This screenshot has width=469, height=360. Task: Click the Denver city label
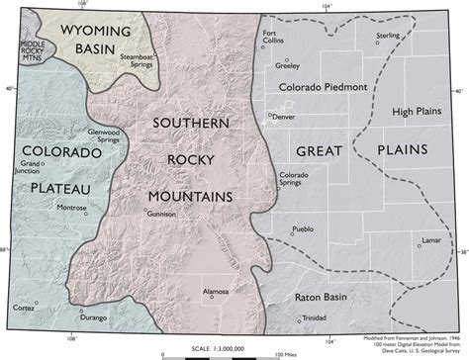(x=284, y=117)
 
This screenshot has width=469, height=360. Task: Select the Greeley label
(x=287, y=69)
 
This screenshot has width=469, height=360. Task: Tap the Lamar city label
(x=428, y=240)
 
